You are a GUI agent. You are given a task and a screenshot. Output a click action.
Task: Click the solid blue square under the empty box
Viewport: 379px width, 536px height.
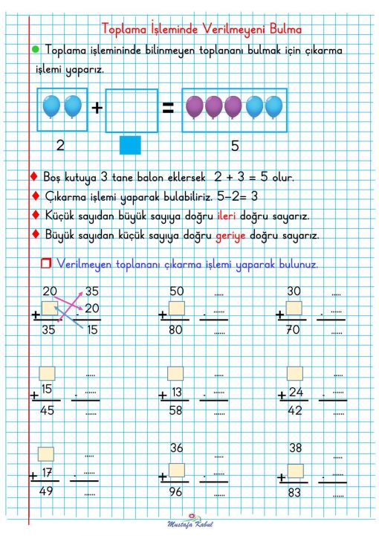pyautogui.click(x=130, y=144)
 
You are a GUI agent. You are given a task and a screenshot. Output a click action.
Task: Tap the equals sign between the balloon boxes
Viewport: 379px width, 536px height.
pyautogui.click(x=169, y=109)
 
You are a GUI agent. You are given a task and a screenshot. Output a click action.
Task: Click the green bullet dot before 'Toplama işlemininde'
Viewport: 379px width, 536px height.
pyautogui.click(x=35, y=49)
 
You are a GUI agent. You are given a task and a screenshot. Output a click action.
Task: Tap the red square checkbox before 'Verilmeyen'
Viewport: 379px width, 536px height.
pyautogui.click(x=46, y=264)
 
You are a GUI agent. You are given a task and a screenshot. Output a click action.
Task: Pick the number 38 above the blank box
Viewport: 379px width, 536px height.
pyautogui.click(x=295, y=448)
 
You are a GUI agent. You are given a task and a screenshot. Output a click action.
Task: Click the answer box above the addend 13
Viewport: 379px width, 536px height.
pyautogui.click(x=175, y=373)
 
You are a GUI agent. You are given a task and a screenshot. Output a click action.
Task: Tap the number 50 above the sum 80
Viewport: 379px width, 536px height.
pyautogui.click(x=176, y=291)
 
